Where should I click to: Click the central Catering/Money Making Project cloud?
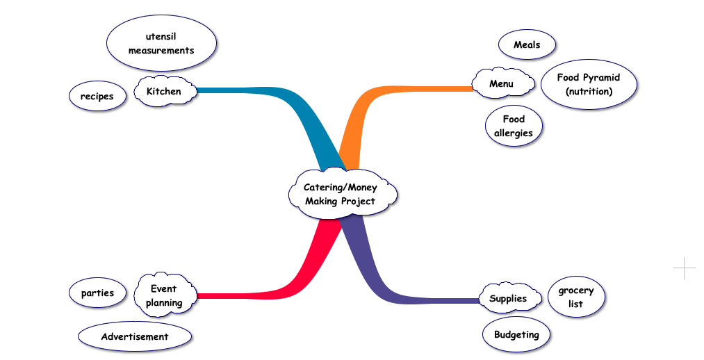point(341,194)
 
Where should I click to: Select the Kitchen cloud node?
point(164,92)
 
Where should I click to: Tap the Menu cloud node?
point(502,84)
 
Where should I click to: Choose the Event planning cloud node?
point(165,295)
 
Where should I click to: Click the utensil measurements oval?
point(161,44)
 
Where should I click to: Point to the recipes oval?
point(97,97)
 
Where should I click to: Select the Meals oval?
point(527,45)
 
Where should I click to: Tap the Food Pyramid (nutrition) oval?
point(588,84)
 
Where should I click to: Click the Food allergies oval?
point(514,126)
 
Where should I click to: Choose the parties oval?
point(97,293)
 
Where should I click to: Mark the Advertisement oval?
point(135,336)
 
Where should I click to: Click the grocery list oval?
point(575,297)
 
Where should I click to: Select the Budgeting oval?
point(516,335)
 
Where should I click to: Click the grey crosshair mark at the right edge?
point(684,268)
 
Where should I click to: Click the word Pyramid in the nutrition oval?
point(601,78)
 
